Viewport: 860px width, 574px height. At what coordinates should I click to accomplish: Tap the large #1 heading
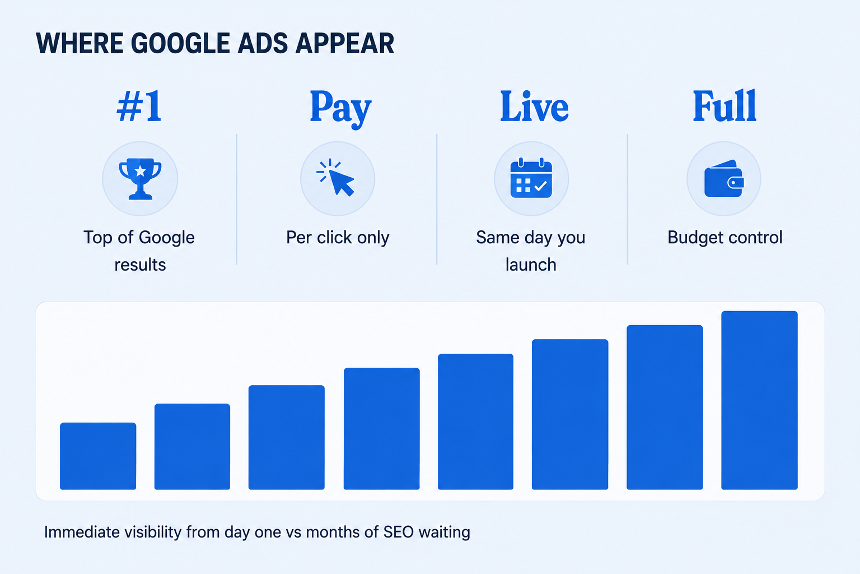coord(139,107)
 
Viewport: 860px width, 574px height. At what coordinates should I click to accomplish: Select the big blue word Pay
coord(340,109)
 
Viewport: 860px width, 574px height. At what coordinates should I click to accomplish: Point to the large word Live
coord(534,107)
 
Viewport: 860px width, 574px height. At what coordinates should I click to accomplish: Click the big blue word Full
coord(725,106)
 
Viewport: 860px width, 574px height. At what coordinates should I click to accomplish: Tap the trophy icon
coord(140,179)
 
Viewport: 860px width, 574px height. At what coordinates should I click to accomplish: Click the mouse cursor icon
coord(335,177)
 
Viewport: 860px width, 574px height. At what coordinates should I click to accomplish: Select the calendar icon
coord(531,178)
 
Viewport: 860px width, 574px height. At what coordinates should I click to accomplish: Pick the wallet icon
coord(724,178)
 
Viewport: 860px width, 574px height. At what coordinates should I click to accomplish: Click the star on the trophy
coord(140,170)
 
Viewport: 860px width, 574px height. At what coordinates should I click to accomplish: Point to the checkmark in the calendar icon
coord(540,186)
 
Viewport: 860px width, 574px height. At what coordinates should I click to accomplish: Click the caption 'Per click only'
coord(338,238)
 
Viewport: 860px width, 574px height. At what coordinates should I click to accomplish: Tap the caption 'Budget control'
coord(725,237)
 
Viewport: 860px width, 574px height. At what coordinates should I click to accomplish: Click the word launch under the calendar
coord(531,265)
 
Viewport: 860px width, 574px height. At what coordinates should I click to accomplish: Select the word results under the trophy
coord(140,265)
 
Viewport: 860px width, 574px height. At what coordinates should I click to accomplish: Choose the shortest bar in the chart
coord(98,456)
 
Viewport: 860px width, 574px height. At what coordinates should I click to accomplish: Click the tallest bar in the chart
coord(759,400)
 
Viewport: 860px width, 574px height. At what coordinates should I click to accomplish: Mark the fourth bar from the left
coord(382,429)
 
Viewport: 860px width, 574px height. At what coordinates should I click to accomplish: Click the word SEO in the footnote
coord(399,533)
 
